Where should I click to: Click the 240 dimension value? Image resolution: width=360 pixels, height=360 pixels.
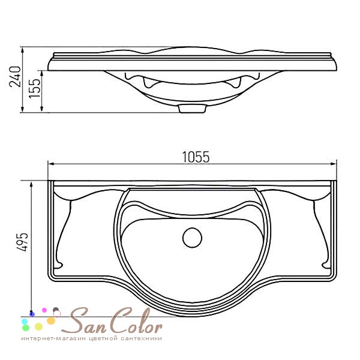point(15,77)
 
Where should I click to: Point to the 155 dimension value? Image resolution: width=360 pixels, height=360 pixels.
point(35,88)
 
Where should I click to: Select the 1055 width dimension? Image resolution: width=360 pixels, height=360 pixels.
point(196,157)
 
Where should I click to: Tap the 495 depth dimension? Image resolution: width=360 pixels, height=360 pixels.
point(22,242)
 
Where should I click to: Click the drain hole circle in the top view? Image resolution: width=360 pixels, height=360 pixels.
point(192,238)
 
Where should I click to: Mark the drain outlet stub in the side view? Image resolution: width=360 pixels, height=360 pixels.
point(192,109)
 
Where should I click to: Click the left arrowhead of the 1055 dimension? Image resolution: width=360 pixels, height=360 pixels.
point(51,164)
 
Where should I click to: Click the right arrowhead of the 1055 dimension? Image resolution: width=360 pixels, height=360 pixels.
point(334,164)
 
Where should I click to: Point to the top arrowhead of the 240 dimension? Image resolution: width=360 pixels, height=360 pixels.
point(22,50)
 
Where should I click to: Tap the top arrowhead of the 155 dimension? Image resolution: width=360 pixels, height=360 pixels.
point(41,73)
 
